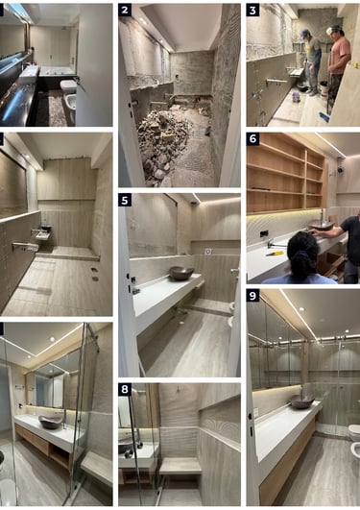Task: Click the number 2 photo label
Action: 125,10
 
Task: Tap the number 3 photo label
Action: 252,10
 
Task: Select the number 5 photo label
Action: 125,200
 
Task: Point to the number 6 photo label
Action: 252,139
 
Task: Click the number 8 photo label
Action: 125,389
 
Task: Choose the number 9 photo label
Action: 252,296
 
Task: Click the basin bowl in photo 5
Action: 181,273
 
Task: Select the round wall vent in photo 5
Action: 208,252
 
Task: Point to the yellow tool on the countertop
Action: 275,254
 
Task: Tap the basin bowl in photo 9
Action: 302,401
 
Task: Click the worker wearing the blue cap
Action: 312,61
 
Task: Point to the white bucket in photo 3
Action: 324,86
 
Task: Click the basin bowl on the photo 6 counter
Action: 321,225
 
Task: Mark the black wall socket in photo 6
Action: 264,233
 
